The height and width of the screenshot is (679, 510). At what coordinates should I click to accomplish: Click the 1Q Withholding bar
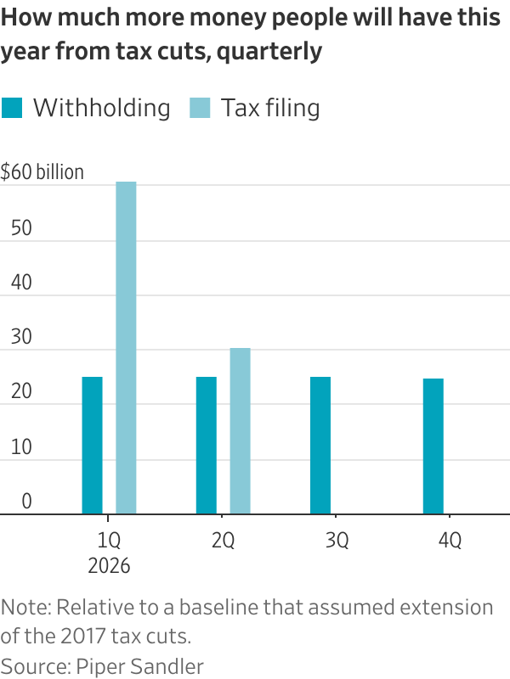pos(92,446)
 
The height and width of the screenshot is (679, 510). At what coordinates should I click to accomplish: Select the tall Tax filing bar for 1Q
pos(126,348)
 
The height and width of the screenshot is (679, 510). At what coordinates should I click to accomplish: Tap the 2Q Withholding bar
pos(207,446)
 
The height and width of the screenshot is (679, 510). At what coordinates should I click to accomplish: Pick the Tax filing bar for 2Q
pos(240,431)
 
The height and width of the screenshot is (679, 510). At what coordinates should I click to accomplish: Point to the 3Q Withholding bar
pos(320,446)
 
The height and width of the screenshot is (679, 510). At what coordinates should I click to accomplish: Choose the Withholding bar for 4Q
pos(433,446)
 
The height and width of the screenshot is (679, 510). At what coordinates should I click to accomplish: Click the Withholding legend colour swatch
pos(12,109)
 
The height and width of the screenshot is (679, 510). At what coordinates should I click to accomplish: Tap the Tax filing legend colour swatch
pos(201,109)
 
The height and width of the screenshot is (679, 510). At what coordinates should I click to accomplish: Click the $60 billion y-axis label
pos(42,172)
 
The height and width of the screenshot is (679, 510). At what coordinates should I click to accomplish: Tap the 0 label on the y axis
pos(26,502)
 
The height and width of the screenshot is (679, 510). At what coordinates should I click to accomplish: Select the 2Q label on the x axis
pos(223,541)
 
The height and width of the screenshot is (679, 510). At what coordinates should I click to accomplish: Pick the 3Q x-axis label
pos(337,541)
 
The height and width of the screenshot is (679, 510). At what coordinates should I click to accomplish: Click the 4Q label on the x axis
pos(450,541)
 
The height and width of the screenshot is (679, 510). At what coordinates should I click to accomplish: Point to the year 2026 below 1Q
pos(109,566)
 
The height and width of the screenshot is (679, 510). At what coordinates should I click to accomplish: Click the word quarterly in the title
pos(269,52)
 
